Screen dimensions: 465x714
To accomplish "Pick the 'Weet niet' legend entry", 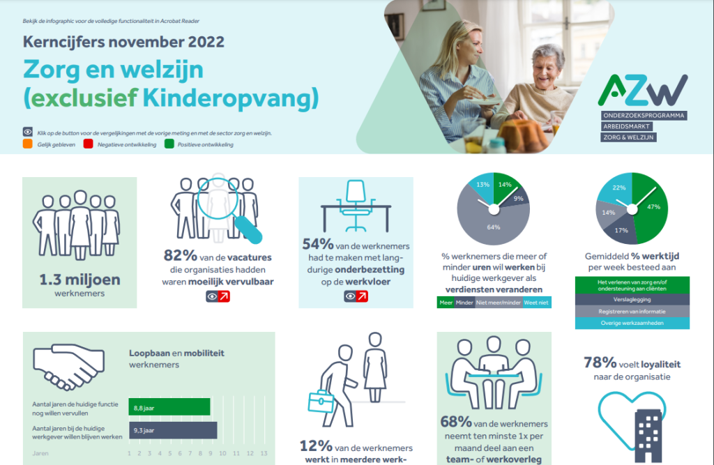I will (x=536, y=303).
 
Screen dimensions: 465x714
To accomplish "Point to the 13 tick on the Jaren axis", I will (x=263, y=453).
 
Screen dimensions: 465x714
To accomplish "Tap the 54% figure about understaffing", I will (x=317, y=245).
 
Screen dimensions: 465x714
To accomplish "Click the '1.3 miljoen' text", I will (x=80, y=281).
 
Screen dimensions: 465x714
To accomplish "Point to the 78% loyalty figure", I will (x=600, y=363).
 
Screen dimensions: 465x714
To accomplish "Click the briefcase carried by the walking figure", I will (x=321, y=402).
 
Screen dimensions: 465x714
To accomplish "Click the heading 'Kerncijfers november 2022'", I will (x=123, y=42).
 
